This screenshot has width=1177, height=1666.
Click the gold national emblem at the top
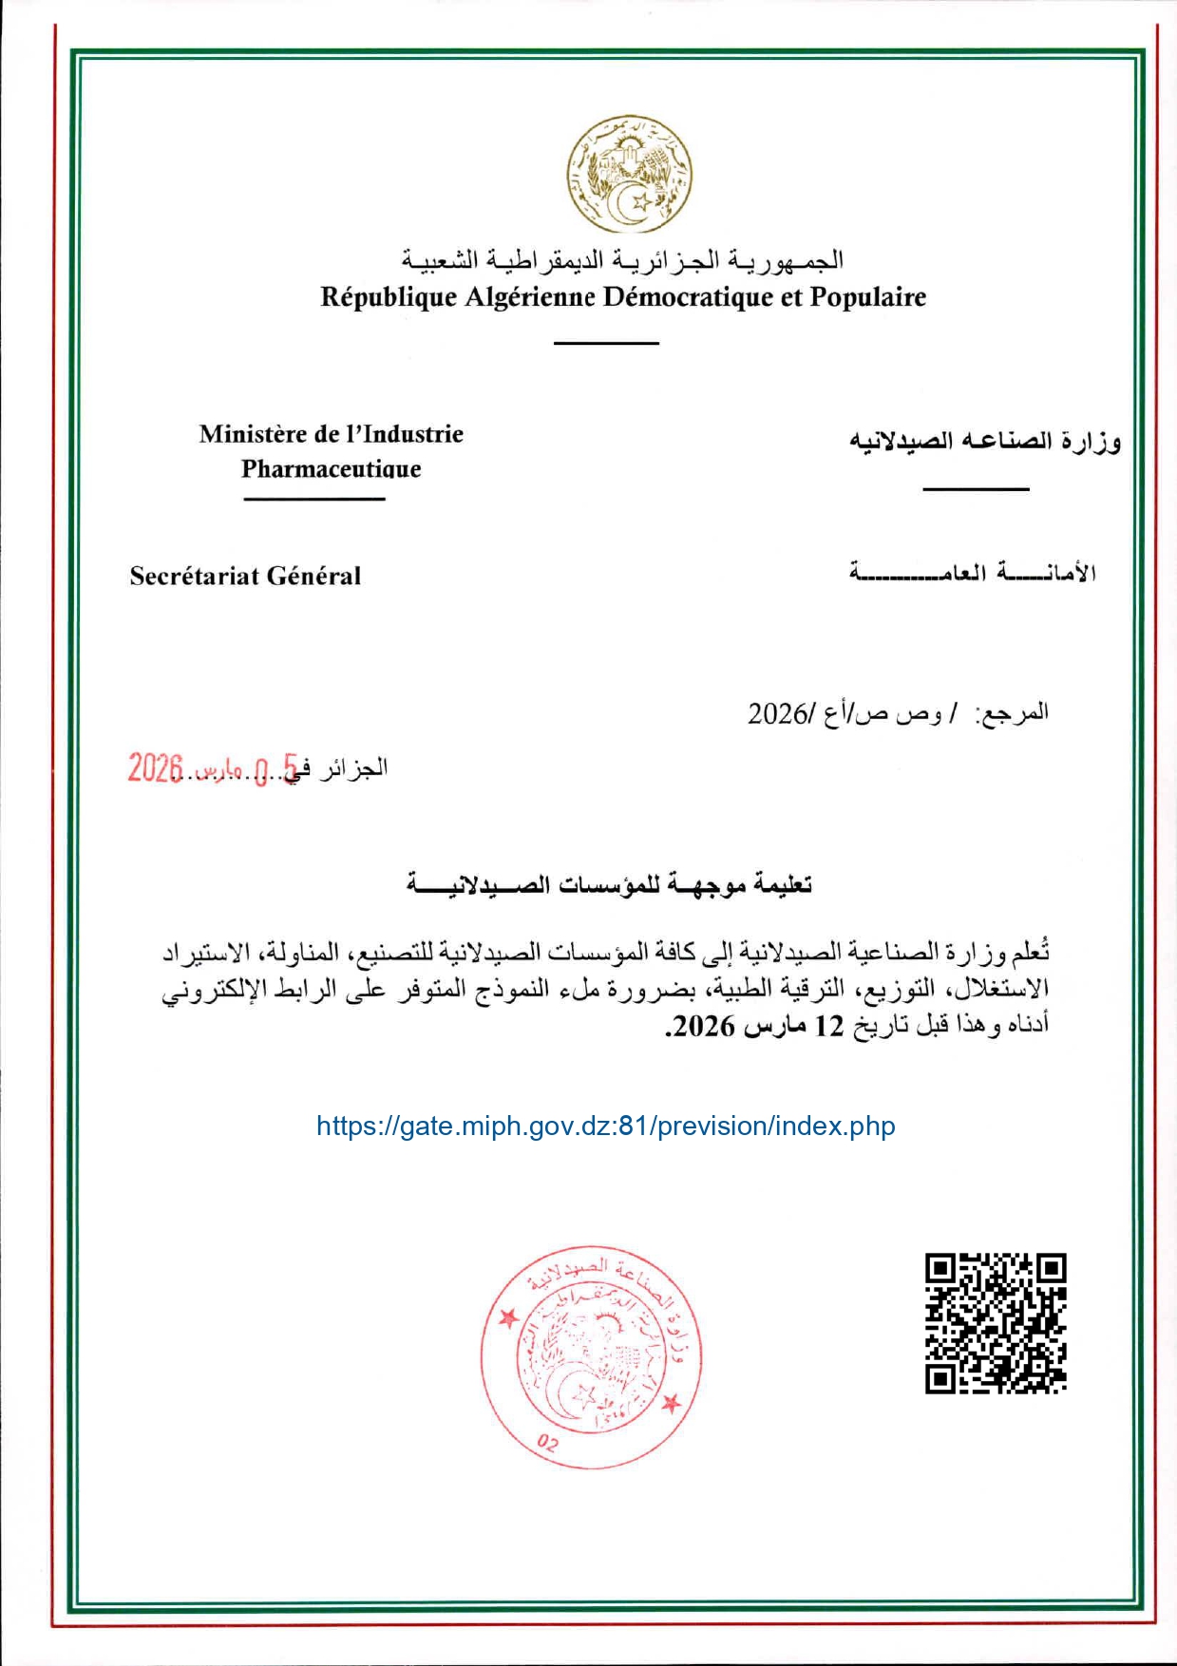point(629,174)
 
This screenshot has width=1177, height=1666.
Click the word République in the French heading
point(389,297)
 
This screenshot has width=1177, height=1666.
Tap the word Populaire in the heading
point(867,297)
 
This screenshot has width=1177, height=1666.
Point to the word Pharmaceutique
point(331,468)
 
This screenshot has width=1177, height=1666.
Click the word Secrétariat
point(194,576)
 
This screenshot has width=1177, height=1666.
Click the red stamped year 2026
point(155,767)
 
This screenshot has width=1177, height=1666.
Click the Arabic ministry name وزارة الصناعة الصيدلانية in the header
point(984,442)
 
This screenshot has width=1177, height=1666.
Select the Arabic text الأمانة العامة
point(973,573)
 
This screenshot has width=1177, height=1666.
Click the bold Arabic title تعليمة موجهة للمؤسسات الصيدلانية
point(609,885)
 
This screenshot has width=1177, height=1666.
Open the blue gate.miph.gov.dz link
point(605,1126)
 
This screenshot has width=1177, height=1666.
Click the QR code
point(996,1323)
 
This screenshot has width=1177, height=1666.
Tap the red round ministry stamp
point(591,1356)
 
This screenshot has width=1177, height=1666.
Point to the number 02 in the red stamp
point(548,1444)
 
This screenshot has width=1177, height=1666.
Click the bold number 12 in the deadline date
point(829,1027)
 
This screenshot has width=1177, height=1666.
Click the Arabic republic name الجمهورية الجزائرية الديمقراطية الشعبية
point(622,259)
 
